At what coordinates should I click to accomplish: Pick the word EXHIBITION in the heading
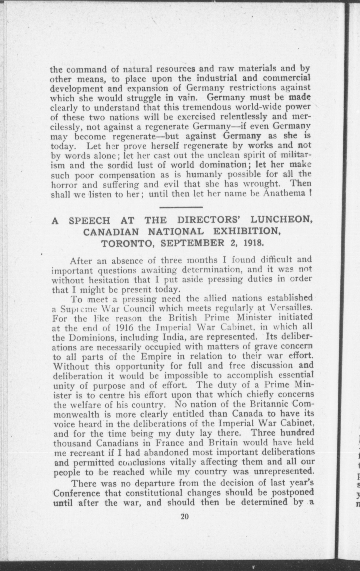pos(247,232)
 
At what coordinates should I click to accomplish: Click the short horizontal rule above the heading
pos(181,208)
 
